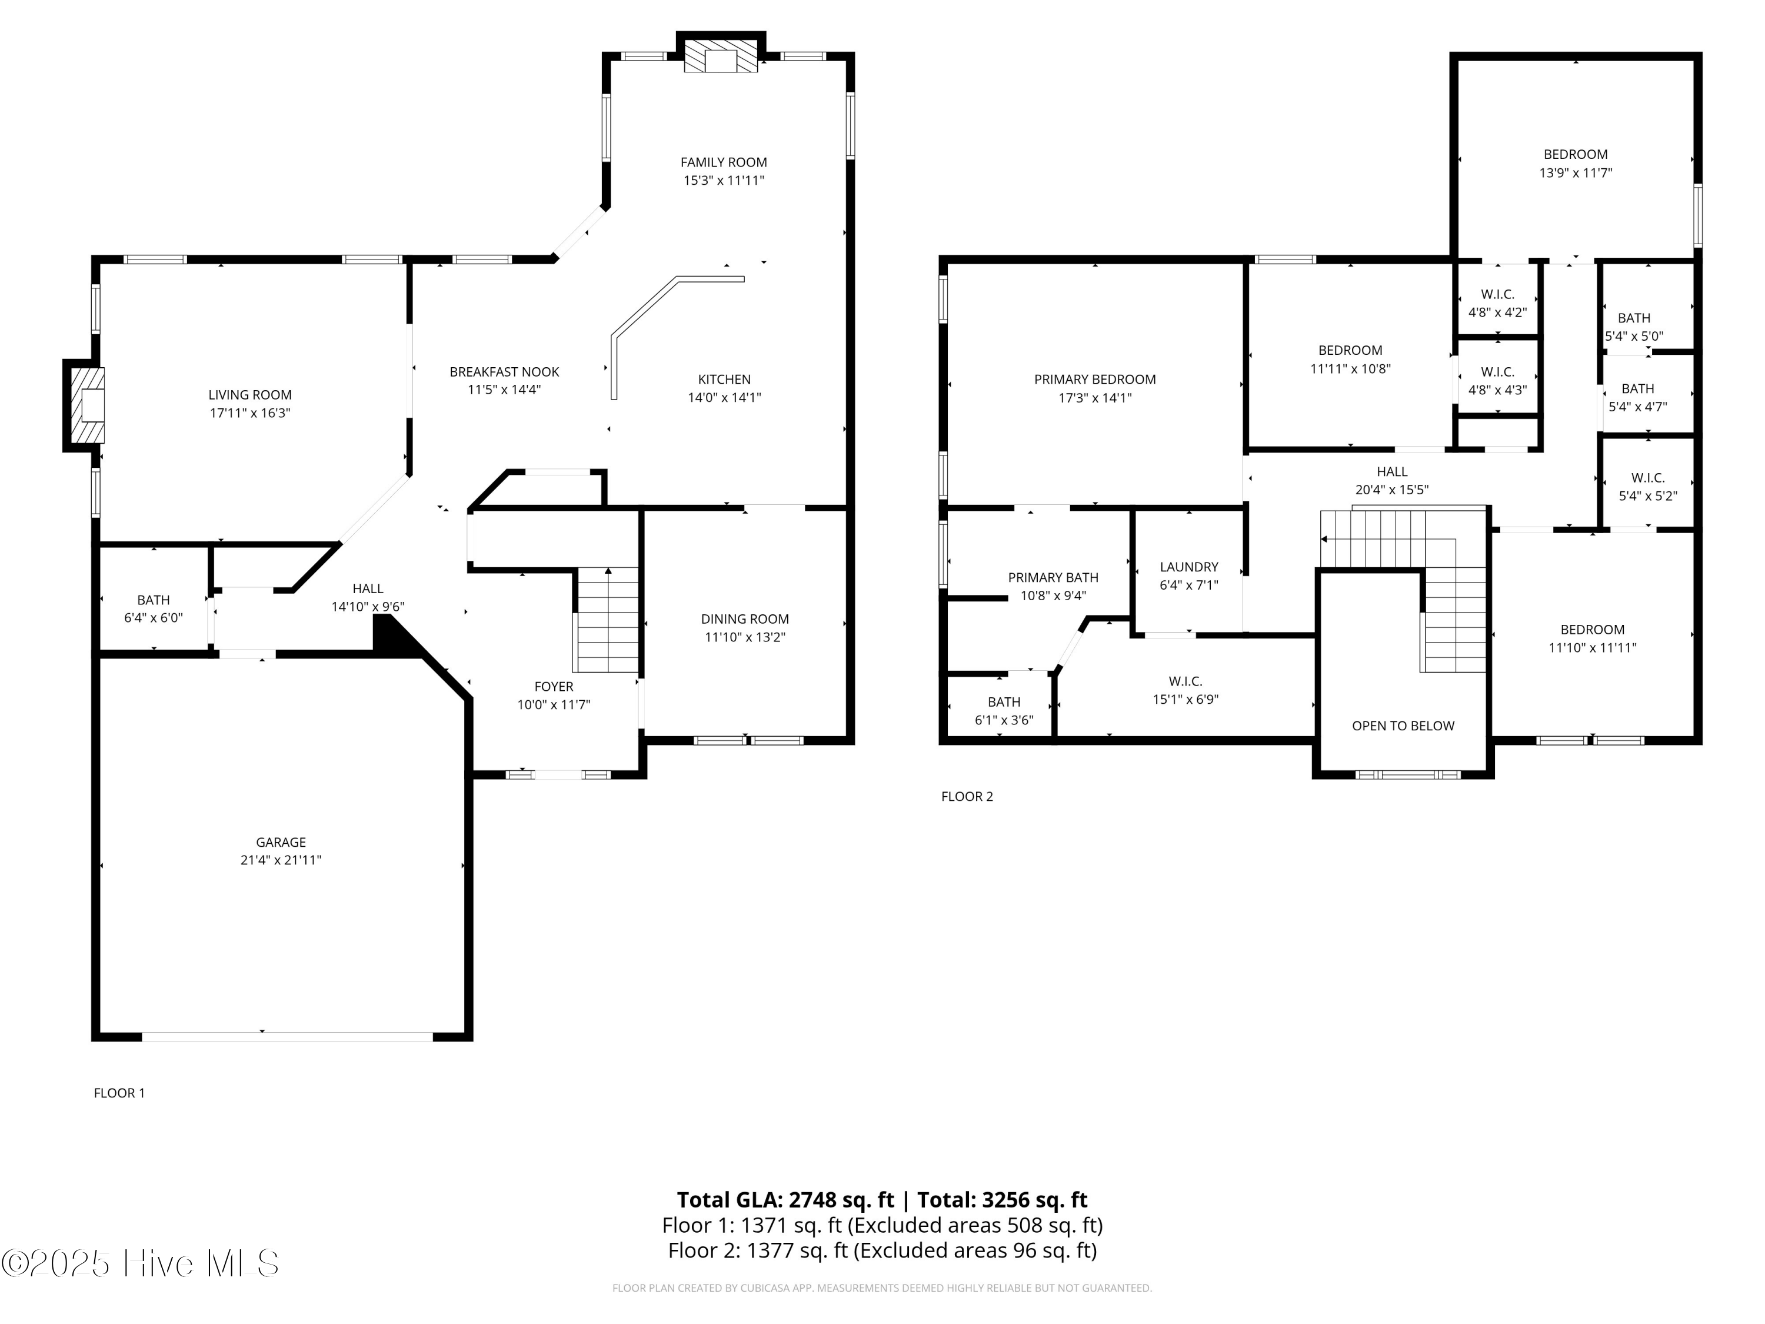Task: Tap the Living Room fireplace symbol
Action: tap(86, 405)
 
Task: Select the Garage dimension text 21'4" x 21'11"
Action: tap(281, 860)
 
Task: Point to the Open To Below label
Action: tap(1403, 726)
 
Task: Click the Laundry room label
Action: tap(1189, 567)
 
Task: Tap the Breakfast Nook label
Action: tap(504, 372)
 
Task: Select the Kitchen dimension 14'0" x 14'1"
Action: tap(724, 397)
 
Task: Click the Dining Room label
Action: tap(744, 618)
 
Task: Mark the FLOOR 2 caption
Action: tap(967, 797)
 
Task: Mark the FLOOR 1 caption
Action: tap(119, 1093)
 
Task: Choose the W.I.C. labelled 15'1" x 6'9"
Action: tap(1185, 690)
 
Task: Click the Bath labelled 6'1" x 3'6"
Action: tap(1004, 710)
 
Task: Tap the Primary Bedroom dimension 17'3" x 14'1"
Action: tap(1095, 397)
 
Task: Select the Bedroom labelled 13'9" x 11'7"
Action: tap(1575, 163)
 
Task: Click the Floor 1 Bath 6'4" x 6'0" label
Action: tap(153, 608)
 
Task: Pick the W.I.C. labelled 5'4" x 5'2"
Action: tap(1648, 486)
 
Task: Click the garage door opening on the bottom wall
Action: tap(287, 1037)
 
